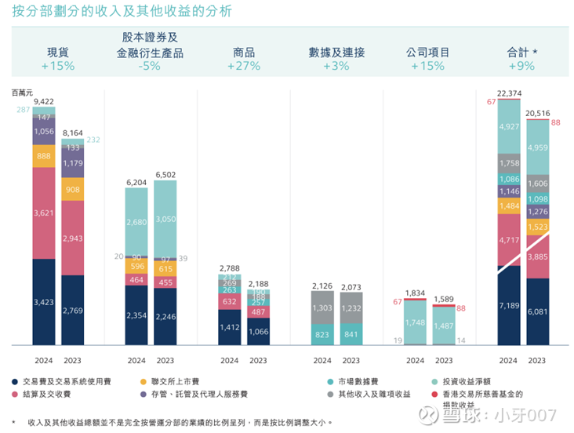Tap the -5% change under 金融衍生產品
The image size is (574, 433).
point(151,66)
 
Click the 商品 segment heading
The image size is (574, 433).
point(243,53)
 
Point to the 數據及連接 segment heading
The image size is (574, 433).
point(336,53)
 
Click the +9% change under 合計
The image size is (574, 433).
point(523,66)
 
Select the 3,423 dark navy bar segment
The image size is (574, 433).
point(44,301)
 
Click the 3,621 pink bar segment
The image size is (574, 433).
point(44,213)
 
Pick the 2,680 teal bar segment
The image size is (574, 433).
point(136,222)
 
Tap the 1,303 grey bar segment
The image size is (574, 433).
point(322,308)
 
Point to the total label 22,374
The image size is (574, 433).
point(509,93)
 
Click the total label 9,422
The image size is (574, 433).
point(44,101)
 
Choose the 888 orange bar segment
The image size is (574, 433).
point(44,156)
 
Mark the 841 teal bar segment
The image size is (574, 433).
point(351,333)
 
